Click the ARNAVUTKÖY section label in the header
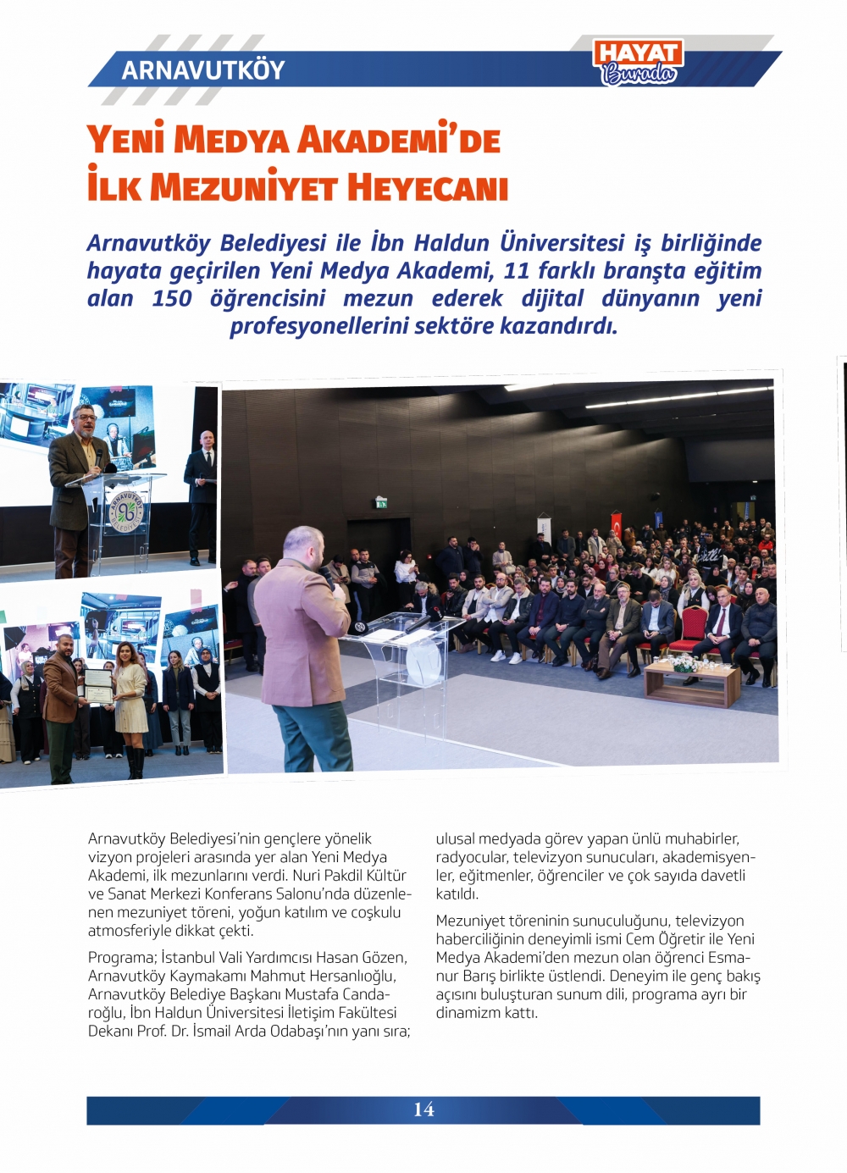pos(203,69)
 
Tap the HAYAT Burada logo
pos(639,63)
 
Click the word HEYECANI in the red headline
pos(427,187)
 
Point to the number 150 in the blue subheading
pos(171,299)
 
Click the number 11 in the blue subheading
pos(517,271)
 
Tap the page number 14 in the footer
pos(423,1109)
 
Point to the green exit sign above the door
pos(381,502)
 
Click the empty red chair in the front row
pos(695,627)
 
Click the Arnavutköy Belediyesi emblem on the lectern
pos(126,509)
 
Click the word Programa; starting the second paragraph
pos(122,958)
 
